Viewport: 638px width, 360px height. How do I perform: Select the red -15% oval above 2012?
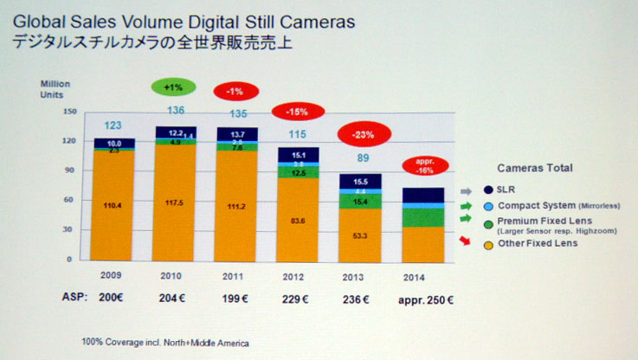[x=298, y=112]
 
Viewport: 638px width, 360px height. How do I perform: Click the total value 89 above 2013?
[x=364, y=158]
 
